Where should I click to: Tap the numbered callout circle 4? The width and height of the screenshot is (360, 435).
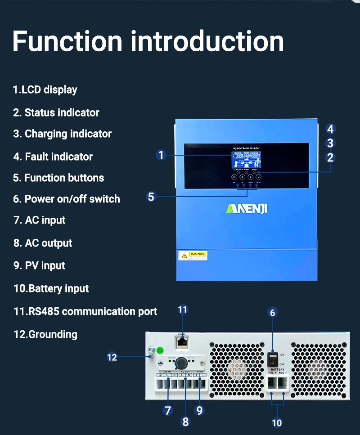point(330,129)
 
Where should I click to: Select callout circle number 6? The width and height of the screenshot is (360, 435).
point(273,312)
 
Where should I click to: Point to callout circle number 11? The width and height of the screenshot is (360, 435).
point(182,309)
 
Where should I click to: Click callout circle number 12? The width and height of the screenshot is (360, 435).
point(112,357)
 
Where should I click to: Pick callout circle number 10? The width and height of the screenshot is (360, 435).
point(277,422)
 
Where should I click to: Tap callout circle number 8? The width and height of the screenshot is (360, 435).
point(185,422)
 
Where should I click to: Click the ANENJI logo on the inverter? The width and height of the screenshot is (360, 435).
point(246,209)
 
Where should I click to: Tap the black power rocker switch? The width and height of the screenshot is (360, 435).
point(273,359)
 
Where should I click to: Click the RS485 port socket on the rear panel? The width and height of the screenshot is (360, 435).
point(182,342)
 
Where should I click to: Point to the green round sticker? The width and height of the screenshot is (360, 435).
point(159,350)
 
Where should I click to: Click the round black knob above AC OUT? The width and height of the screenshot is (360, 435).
point(181,363)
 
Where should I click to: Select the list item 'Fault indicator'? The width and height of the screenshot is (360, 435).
point(53,157)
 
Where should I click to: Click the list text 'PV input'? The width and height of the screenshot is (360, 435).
point(40,265)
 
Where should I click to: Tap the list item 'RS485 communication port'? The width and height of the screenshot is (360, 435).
point(85,311)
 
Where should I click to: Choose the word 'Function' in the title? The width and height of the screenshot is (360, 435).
point(67,41)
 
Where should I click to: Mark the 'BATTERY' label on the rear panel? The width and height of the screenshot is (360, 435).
point(277,369)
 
